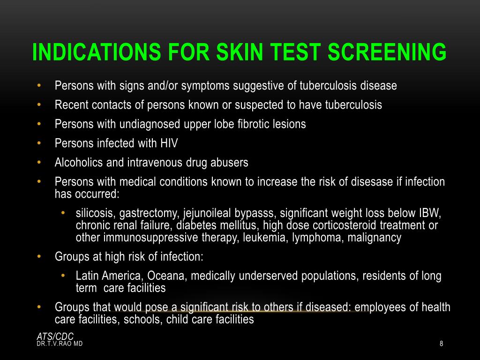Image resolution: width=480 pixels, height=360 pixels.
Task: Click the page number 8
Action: pos(441,344)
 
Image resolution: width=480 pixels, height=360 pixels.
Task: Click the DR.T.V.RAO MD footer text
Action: pos(60,344)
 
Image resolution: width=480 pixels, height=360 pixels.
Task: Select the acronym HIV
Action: pos(168,143)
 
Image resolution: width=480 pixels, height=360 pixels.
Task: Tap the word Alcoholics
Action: pos(76,163)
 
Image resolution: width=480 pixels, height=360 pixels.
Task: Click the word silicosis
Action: pos(96,214)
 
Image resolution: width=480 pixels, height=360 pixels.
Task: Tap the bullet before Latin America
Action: pos(63,276)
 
